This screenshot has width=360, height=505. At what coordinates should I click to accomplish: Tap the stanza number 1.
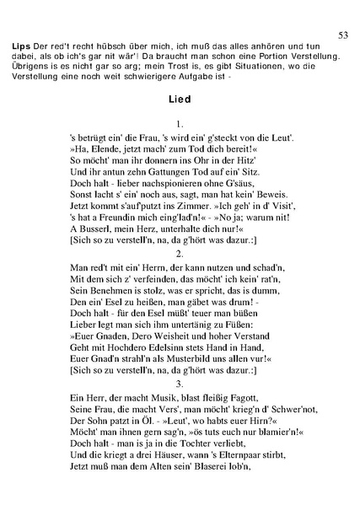pyautogui.click(x=180, y=123)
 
